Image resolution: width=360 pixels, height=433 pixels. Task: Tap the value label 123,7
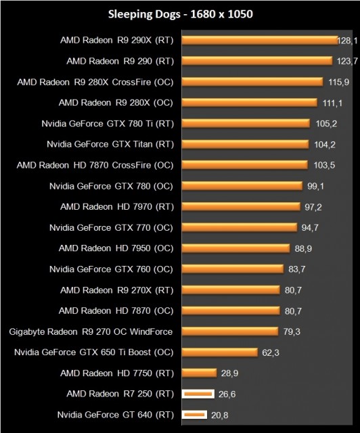coord(346,61)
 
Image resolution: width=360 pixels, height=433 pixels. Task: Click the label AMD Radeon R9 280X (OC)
coord(116,102)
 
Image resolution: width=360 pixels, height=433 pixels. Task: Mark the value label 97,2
coord(313,206)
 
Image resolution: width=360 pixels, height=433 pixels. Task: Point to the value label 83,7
coord(298,269)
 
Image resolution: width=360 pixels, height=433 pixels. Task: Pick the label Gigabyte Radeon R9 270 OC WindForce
coord(91,332)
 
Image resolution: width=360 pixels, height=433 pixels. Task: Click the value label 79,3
coord(294,332)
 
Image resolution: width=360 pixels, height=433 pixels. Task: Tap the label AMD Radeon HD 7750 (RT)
coord(116,373)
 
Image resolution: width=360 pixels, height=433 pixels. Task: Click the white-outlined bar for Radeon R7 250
coord(198,394)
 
